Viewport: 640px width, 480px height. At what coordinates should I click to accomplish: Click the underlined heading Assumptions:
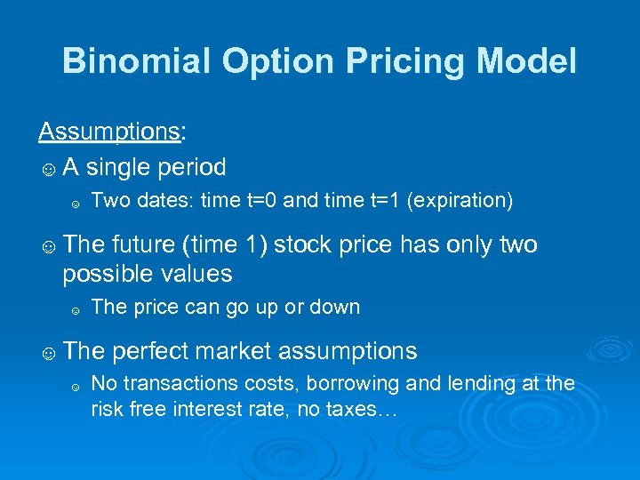(112, 132)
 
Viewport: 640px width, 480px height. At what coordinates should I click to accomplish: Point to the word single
(125, 166)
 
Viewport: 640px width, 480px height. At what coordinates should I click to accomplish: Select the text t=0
(260, 201)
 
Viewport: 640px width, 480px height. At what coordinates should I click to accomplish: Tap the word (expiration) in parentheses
(460, 201)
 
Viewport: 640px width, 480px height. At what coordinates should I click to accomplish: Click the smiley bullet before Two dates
(76, 203)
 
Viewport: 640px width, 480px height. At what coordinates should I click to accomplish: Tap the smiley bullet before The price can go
(76, 309)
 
